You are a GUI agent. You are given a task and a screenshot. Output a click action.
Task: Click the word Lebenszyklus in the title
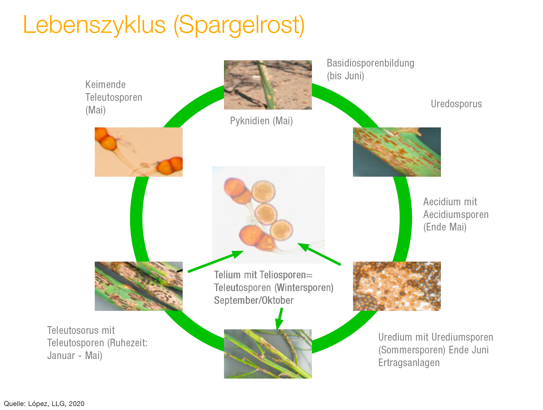click(x=94, y=25)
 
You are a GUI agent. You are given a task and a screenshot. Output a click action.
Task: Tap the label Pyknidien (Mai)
click(x=261, y=121)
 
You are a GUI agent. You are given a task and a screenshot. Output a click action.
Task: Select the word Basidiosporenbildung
click(x=370, y=63)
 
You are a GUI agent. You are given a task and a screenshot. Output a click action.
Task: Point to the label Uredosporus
click(x=456, y=104)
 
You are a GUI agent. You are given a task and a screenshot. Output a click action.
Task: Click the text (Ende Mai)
click(x=445, y=227)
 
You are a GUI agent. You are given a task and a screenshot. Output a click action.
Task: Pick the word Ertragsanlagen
click(x=409, y=363)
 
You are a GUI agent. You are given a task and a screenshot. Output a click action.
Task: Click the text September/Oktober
click(x=254, y=300)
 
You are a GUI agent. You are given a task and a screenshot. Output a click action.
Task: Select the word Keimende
click(x=105, y=85)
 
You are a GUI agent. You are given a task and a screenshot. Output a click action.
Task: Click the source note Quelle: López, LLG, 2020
click(x=44, y=404)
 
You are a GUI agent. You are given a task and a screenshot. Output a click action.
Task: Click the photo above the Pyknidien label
click(x=268, y=85)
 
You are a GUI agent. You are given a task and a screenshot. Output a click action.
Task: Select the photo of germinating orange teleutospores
click(x=139, y=152)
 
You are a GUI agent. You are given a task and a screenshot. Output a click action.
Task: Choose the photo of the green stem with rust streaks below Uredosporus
click(x=397, y=152)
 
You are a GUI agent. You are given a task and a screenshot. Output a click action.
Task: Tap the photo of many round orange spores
click(x=397, y=286)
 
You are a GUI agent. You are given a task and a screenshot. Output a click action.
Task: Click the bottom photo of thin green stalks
click(x=268, y=354)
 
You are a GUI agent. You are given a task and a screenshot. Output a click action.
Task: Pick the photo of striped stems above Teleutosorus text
click(x=139, y=286)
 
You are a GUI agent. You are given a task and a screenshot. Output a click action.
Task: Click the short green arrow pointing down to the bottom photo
click(x=280, y=318)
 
